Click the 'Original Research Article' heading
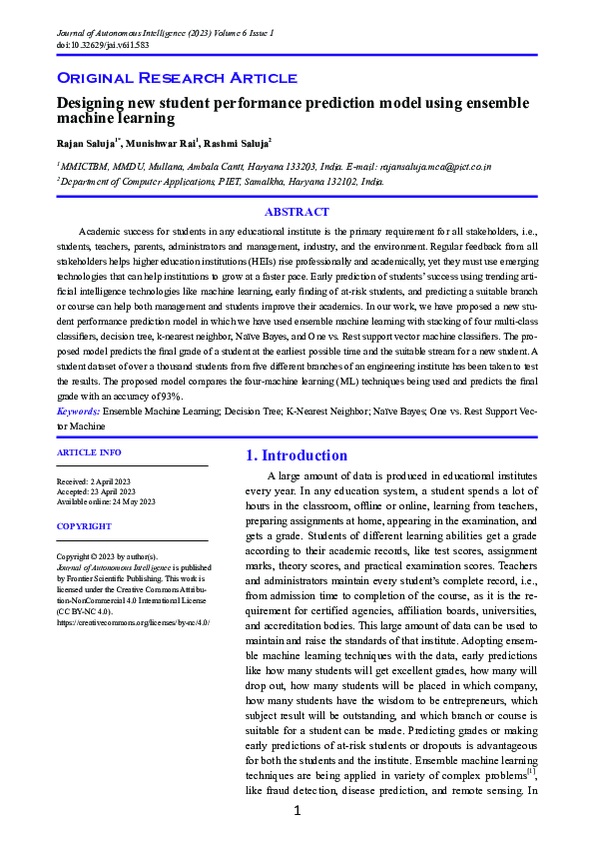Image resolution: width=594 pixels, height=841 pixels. (177, 77)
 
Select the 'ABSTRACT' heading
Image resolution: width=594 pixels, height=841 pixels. (297, 212)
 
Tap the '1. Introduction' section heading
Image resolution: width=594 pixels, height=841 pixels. (297, 455)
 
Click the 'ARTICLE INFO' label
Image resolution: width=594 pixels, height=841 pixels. (90, 452)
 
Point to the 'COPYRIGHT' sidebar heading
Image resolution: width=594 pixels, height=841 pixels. (84, 525)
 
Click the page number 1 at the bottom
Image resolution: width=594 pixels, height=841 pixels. (297, 811)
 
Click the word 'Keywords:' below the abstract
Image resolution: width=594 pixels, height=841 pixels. (77, 410)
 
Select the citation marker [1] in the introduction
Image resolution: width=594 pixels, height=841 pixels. (531, 771)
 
